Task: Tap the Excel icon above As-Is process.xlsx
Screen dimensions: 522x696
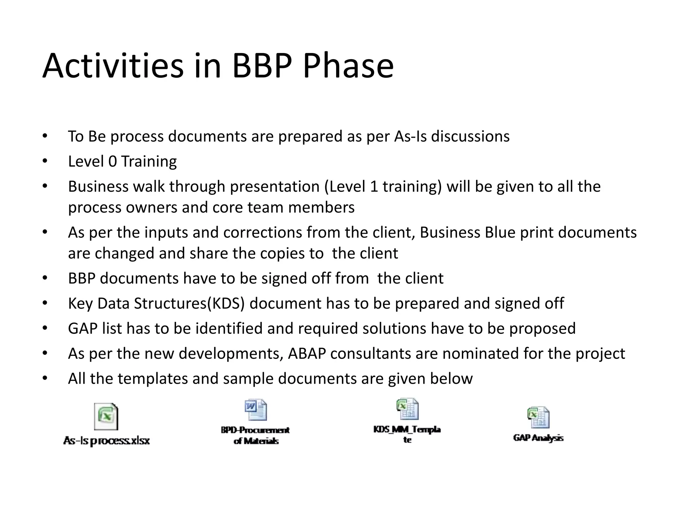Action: click(106, 416)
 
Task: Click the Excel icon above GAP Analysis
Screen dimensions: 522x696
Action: click(538, 417)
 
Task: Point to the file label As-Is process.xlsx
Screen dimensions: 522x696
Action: click(106, 441)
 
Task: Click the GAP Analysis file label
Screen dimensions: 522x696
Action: click(538, 438)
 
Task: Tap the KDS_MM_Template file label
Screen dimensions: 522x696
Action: click(407, 434)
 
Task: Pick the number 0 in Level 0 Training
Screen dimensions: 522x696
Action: click(112, 161)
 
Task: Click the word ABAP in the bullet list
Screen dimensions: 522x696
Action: click(307, 354)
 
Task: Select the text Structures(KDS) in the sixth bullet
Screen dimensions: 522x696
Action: click(189, 303)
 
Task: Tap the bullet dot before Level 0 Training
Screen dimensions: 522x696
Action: click(45, 161)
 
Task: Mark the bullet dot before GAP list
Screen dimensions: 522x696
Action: click(45, 328)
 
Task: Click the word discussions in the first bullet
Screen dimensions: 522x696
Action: click(470, 136)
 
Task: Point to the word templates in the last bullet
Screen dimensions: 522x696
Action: click(152, 379)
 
